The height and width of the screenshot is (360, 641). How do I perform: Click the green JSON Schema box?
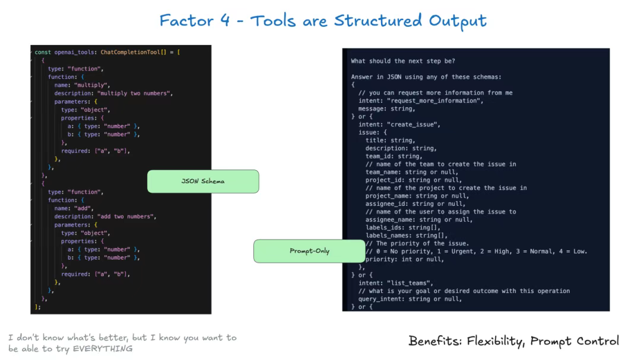(x=203, y=181)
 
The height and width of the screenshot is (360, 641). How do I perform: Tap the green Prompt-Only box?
(x=309, y=251)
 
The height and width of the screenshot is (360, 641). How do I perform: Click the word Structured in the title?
(x=377, y=20)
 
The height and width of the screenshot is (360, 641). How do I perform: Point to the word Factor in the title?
(x=186, y=20)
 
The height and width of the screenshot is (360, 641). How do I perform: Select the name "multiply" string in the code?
(x=92, y=85)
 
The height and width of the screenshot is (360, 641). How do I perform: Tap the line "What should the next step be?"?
(x=402, y=61)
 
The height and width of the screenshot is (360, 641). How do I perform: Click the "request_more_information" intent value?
(x=435, y=100)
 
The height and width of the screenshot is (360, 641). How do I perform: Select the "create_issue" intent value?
(x=413, y=125)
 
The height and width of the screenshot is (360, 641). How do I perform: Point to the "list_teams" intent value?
(x=410, y=283)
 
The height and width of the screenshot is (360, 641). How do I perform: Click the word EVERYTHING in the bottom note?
(x=103, y=349)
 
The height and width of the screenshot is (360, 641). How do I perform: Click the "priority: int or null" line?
(x=405, y=259)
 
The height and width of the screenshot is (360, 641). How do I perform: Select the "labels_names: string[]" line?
(x=407, y=235)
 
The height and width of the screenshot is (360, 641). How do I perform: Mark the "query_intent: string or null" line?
(x=410, y=299)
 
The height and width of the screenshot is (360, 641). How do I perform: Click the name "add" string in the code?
(x=84, y=208)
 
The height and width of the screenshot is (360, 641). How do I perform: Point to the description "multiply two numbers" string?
(x=135, y=93)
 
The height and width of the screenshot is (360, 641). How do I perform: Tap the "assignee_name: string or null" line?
(x=419, y=219)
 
